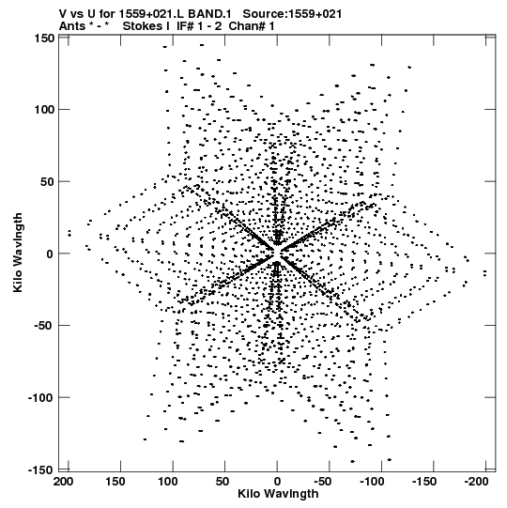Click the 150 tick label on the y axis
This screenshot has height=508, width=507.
click(44, 38)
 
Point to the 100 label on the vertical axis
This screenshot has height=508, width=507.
click(44, 110)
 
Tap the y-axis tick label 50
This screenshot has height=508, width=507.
click(48, 182)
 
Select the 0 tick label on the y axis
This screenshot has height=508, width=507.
click(50, 254)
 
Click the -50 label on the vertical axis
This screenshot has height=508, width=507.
click(44, 326)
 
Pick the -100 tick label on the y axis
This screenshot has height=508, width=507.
click(41, 397)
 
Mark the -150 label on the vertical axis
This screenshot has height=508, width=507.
click(41, 470)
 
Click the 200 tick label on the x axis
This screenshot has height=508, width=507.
click(64, 482)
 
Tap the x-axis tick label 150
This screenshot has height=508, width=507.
click(115, 482)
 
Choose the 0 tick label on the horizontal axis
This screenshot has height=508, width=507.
click(277, 482)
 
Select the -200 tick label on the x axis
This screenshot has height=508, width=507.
click(476, 482)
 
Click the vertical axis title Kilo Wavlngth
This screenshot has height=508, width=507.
click(18, 253)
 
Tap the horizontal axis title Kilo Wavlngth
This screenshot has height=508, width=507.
click(278, 494)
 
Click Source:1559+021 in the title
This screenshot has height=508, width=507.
click(292, 14)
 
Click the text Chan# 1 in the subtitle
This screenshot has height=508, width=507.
click(252, 26)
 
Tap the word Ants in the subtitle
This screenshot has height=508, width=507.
click(72, 26)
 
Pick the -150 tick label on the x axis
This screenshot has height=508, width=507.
click(424, 482)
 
